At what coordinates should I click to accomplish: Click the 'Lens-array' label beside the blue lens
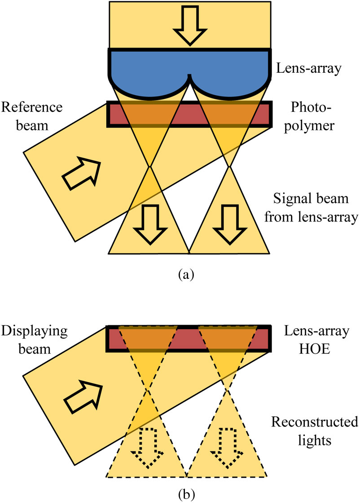[x=309, y=68]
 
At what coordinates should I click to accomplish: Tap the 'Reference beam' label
[x=32, y=116]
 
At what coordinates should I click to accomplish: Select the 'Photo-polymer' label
[x=309, y=116]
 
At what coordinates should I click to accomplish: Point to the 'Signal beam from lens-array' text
[x=311, y=208]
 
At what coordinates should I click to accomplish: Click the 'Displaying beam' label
[x=34, y=340]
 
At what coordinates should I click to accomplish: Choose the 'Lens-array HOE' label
[x=316, y=340]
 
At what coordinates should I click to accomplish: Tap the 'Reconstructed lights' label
[x=315, y=431]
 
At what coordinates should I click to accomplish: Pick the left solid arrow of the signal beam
[x=150, y=224]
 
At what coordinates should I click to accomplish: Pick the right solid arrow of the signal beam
[x=229, y=224]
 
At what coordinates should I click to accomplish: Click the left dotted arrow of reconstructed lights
[x=147, y=447]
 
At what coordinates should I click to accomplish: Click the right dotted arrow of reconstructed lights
[x=227, y=447]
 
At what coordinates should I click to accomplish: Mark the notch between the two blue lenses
[x=190, y=76]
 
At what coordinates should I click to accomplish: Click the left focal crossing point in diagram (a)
[x=150, y=167]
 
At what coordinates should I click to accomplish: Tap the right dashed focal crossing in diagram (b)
[x=227, y=390]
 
